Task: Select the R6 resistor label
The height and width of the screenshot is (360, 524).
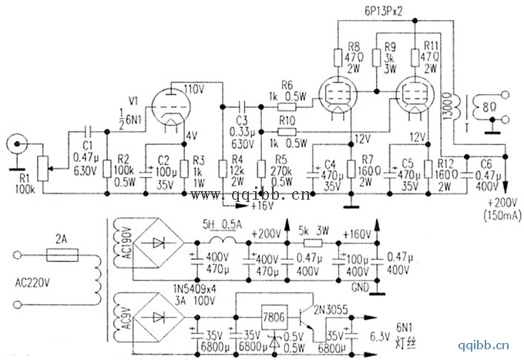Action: click(287, 86)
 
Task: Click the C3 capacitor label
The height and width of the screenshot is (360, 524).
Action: click(240, 122)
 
